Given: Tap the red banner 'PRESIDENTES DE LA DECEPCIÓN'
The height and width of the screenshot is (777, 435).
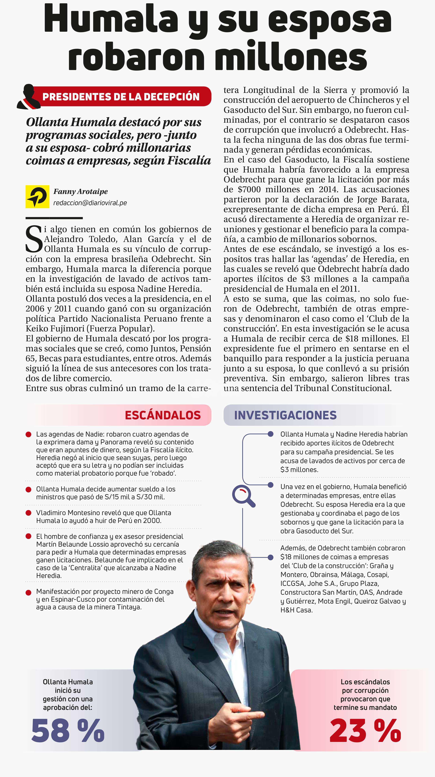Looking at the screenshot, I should coord(121,96).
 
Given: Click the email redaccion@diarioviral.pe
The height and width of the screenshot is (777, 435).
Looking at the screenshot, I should coord(90,203).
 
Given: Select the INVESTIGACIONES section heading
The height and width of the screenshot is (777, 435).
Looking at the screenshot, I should coord(285,415).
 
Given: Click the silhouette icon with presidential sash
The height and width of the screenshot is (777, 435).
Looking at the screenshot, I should coord(29,96).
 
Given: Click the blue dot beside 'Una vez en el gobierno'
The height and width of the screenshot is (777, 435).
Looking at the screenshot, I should coord(271,485).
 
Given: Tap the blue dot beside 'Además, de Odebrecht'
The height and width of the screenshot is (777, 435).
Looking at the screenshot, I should coord(271,557).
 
